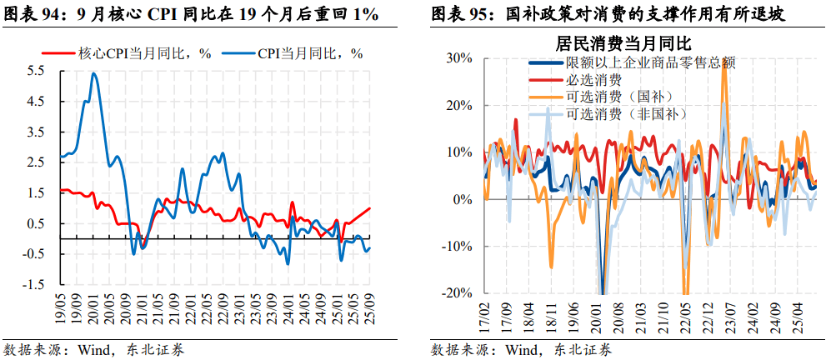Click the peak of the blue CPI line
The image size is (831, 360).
(x=93, y=73)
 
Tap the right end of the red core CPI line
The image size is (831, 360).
(x=370, y=209)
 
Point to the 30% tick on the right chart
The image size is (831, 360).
(x=459, y=58)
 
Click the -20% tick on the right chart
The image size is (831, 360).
(x=458, y=293)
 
